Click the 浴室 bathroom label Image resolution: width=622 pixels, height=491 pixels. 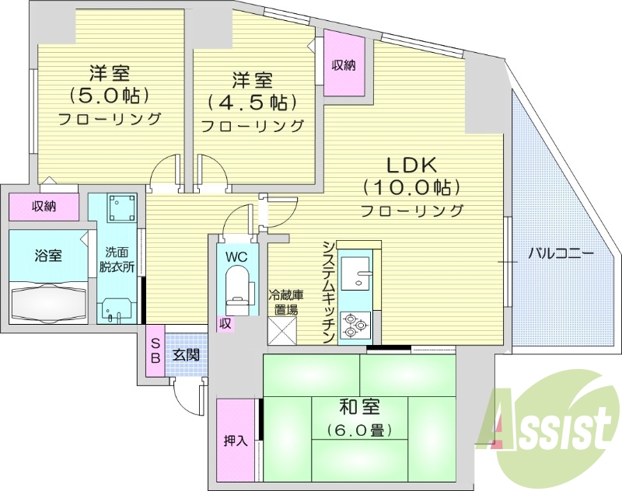point(48,255)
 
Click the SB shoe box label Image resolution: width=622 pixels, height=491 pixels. point(155,350)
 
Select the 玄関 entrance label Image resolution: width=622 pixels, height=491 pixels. point(185,355)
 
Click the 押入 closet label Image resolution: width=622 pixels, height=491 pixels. point(235,441)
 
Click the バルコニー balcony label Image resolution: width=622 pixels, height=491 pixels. point(561,253)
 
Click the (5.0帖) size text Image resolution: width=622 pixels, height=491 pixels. point(109,96)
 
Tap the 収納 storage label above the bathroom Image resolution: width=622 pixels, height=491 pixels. point(44,207)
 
